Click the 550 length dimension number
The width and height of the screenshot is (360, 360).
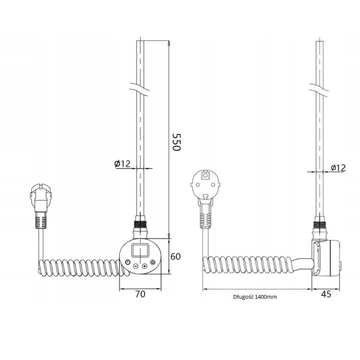point(176,142)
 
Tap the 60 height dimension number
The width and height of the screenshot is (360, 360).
point(175,256)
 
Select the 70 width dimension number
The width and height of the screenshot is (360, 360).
point(140,294)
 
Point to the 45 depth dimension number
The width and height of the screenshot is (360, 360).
point(326,294)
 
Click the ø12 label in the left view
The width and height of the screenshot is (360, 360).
point(122,163)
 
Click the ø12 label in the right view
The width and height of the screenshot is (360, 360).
point(338,167)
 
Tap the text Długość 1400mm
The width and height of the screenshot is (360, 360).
point(255,297)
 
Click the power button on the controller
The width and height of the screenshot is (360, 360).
point(152,262)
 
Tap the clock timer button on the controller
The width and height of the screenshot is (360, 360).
point(127,262)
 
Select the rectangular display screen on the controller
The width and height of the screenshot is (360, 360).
point(140,250)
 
